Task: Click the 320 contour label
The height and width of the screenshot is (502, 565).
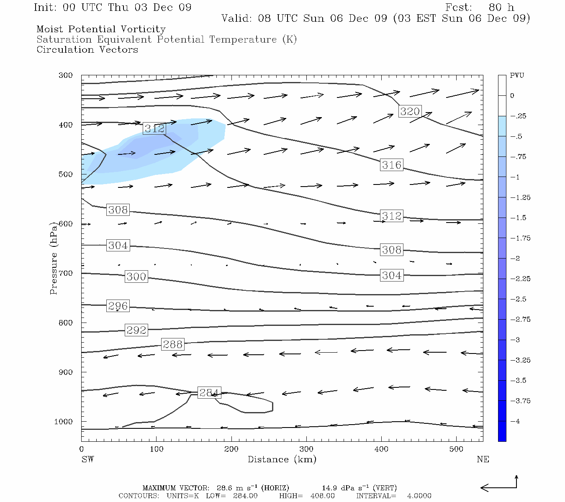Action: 410,111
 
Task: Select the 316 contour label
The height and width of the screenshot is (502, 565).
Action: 392,165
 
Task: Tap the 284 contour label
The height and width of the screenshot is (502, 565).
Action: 209,393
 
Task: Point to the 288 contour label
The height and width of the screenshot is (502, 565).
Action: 172,344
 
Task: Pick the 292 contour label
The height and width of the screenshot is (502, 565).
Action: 136,330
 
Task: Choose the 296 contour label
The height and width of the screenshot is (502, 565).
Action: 118,306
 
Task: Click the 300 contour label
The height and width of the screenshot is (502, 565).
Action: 136,277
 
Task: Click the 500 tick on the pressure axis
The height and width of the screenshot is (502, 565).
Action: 66,174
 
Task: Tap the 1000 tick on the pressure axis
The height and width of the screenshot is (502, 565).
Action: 64,422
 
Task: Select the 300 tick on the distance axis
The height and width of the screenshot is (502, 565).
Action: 306,449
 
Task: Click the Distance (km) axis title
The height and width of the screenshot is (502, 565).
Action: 282,459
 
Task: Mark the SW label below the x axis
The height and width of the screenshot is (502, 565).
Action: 87,459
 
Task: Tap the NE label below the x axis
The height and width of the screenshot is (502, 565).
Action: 483,459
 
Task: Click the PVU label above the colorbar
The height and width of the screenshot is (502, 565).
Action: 517,76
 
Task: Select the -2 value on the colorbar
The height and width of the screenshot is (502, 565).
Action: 515,259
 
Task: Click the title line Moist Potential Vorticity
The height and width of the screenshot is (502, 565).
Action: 101,29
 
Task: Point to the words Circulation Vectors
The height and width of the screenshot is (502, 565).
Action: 87,50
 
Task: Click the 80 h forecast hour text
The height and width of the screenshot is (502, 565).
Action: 501,8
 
